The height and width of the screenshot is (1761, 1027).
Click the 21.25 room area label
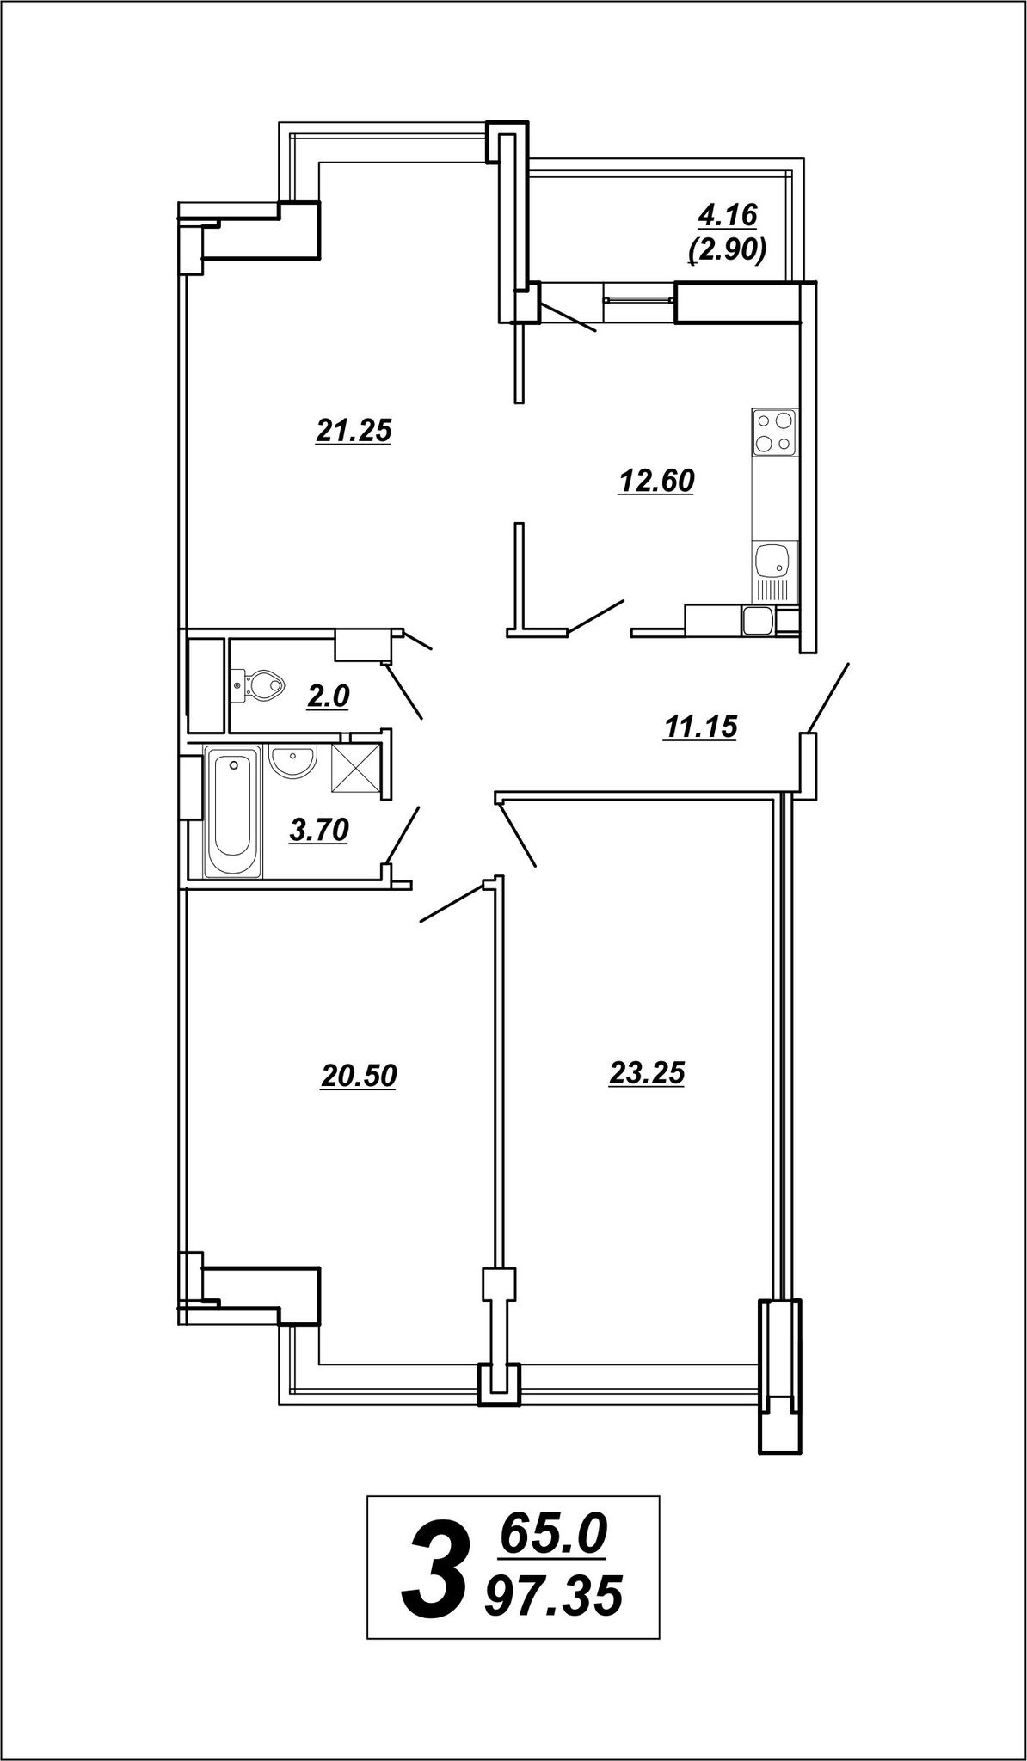354,431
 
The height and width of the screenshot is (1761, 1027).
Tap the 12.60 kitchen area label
656,482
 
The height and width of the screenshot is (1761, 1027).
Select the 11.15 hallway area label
700,728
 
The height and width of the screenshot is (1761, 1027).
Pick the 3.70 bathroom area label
319,831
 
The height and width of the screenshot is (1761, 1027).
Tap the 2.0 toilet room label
329,696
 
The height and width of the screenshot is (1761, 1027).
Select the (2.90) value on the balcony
728,250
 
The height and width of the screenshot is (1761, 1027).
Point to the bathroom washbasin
293,760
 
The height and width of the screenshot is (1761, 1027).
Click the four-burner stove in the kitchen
774,432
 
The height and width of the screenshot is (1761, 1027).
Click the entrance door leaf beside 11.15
829,697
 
